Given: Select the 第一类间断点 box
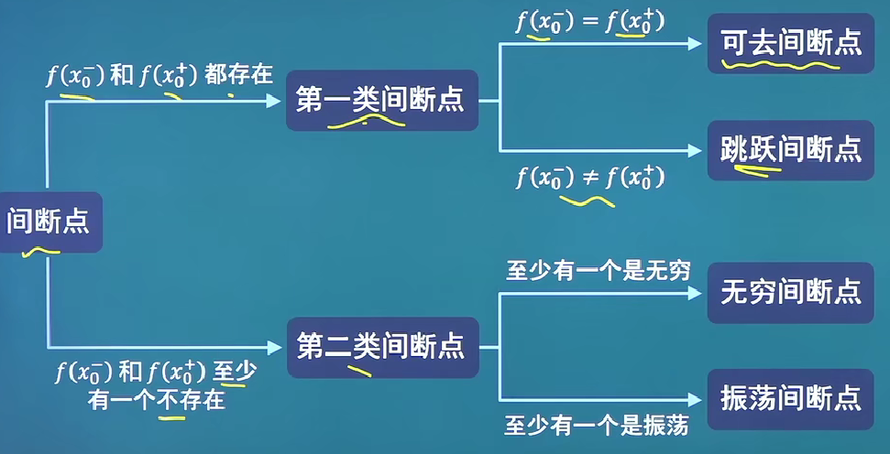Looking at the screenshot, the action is tap(380, 100).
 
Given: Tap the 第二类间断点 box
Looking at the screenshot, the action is tap(380, 346).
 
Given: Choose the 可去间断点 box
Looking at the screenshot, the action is tap(790, 43).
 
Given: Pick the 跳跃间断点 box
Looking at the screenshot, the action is tap(790, 149).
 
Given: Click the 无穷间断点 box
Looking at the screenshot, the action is tap(790, 292).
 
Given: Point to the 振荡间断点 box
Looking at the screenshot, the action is tap(790, 397).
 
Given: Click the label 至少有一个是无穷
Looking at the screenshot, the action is tap(598, 271).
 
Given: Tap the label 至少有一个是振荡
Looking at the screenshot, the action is tap(597, 425).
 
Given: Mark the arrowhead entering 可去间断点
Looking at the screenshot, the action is tap(696, 43).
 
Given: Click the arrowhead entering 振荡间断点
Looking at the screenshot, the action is tap(696, 398).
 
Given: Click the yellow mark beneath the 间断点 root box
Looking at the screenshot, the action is tap(40, 249).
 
